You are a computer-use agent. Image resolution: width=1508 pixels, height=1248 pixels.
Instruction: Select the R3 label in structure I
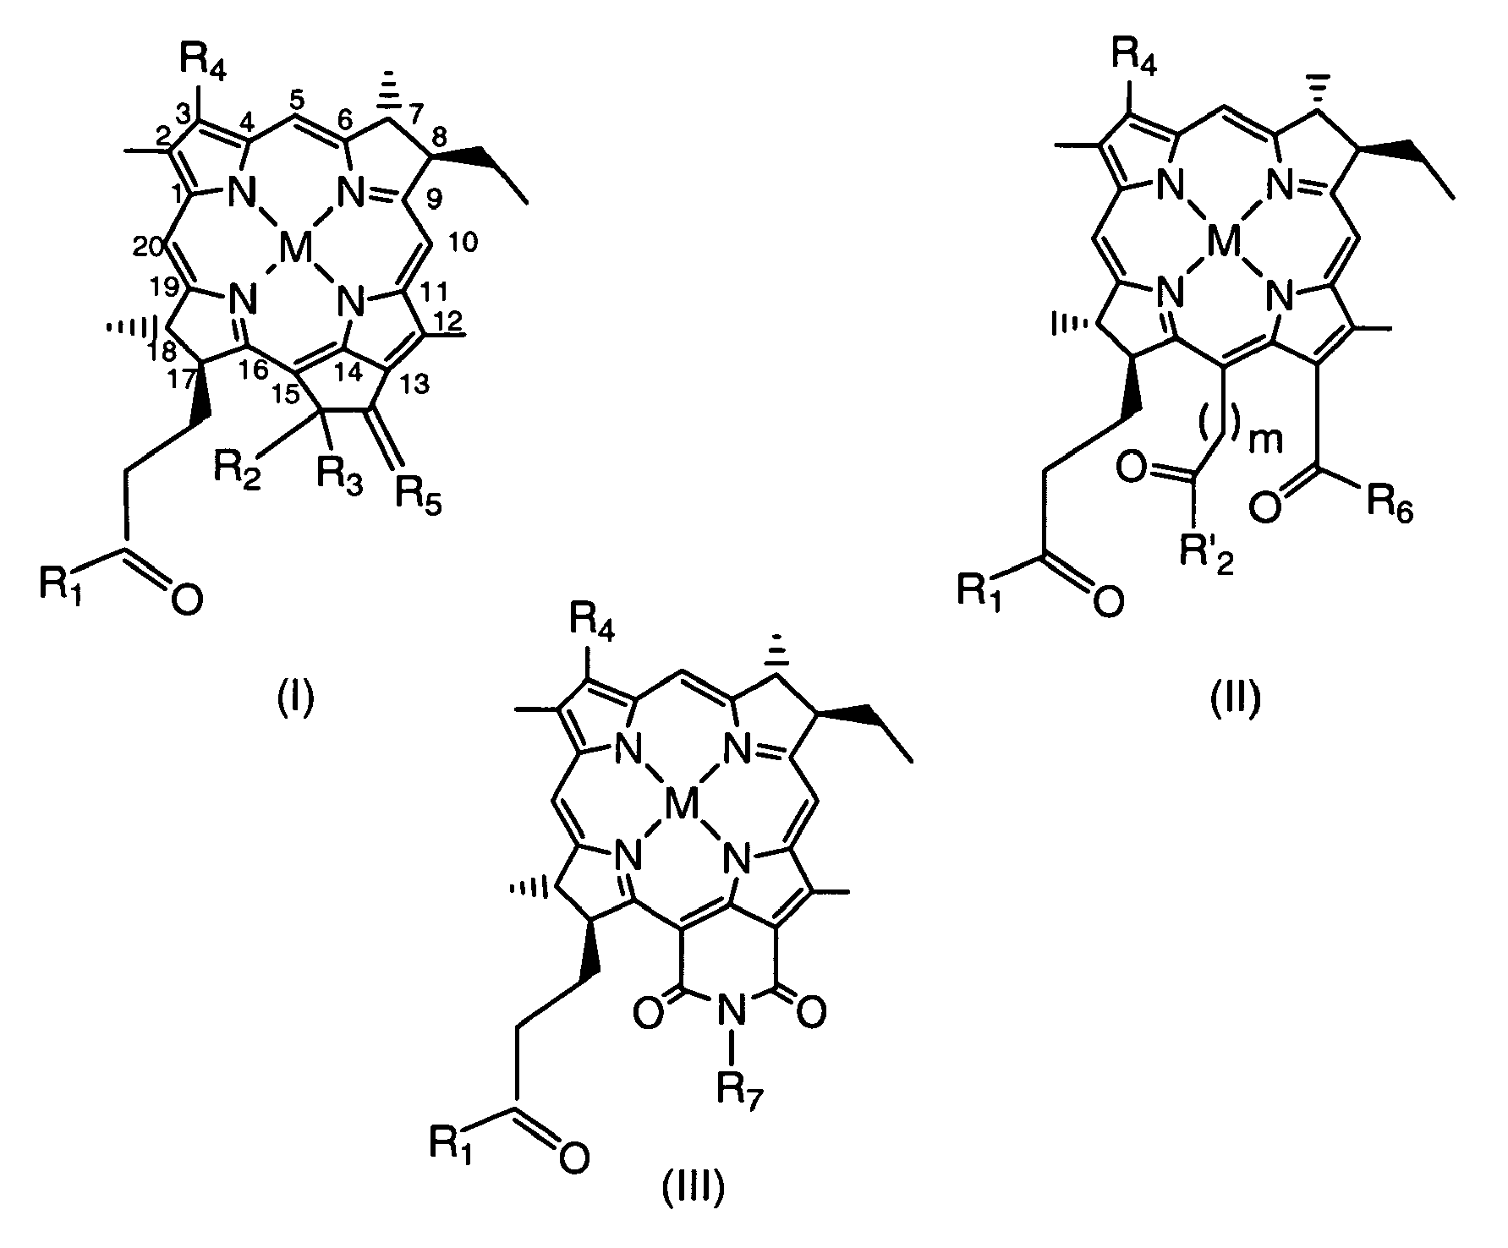(x=339, y=487)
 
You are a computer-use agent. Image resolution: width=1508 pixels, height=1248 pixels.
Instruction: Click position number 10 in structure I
(x=464, y=244)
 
